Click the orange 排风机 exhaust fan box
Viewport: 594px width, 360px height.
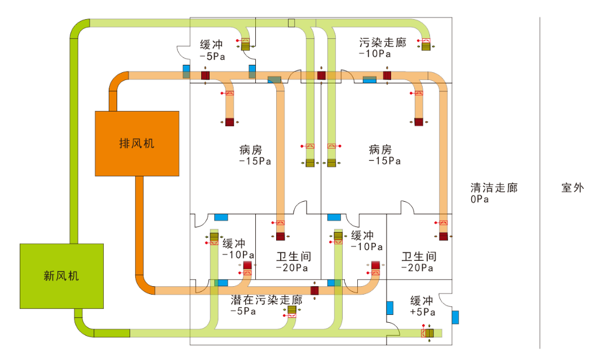(x=137, y=143)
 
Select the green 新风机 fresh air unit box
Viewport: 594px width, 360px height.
(x=62, y=275)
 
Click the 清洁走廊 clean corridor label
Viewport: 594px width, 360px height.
(x=494, y=188)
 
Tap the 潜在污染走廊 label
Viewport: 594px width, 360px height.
(x=267, y=300)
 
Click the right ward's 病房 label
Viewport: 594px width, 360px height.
(x=380, y=150)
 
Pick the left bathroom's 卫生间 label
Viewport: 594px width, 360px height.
(x=294, y=256)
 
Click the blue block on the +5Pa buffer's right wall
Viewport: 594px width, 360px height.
(x=455, y=317)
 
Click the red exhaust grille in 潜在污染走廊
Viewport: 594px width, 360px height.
(x=314, y=291)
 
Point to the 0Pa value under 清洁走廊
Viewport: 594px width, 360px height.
(x=480, y=199)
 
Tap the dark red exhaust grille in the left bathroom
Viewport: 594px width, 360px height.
(x=280, y=237)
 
